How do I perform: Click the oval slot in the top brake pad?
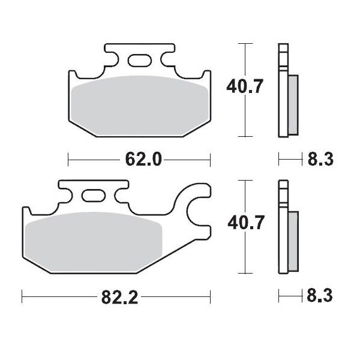(x=139, y=60)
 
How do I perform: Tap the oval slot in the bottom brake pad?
(x=92, y=196)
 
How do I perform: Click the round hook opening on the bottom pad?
(x=197, y=211)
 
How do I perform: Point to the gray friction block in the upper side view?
(x=292, y=104)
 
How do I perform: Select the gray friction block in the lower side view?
(x=292, y=240)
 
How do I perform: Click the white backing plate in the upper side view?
(x=282, y=90)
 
